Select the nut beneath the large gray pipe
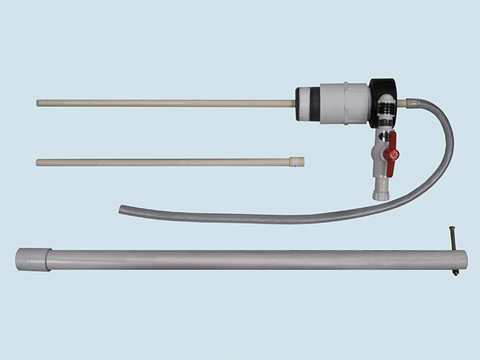coord(455,273)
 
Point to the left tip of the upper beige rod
coord(38,103)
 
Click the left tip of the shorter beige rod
coord(38,163)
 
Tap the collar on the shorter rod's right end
coord(297,162)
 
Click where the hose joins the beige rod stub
coord(414,104)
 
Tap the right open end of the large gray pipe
coord(464,260)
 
